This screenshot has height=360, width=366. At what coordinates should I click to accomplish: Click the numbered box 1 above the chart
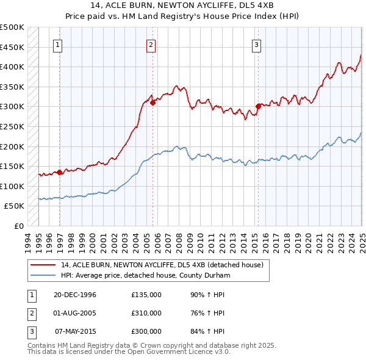[57, 44]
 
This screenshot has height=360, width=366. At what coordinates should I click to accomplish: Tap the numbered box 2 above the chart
[151, 44]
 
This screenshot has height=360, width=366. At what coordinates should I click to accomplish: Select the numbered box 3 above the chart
[256, 44]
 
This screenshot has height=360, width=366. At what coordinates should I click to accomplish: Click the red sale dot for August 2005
[153, 103]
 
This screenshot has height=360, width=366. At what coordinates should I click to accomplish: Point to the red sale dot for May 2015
[258, 107]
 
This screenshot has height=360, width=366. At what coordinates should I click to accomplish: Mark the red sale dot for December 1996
[60, 172]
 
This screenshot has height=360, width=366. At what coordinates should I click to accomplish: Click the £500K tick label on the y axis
[12, 27]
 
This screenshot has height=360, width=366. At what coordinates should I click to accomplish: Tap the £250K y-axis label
[12, 126]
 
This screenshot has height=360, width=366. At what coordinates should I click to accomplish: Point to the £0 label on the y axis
[20, 226]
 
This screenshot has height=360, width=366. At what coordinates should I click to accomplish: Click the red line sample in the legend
[43, 265]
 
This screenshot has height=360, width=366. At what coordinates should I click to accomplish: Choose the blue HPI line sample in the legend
[43, 276]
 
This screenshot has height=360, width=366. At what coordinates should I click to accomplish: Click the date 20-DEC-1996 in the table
[75, 295]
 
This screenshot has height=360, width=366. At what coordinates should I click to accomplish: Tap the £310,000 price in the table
[146, 313]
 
